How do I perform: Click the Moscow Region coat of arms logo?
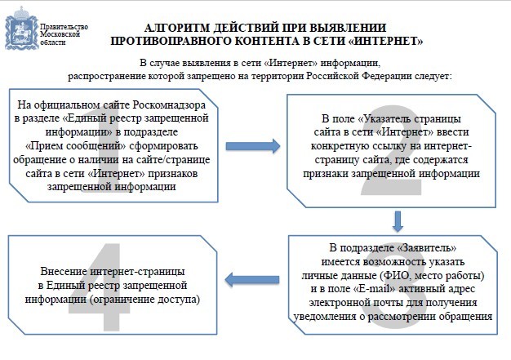[21, 29]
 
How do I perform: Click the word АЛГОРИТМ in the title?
[177, 28]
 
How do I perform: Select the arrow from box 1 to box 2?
[253, 146]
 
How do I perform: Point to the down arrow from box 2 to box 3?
[398, 221]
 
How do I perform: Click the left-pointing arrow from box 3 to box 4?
[252, 280]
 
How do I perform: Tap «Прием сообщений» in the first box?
[76, 145]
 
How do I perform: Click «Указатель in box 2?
[384, 118]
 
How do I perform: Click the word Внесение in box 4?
[64, 271]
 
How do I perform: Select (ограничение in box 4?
[122, 299]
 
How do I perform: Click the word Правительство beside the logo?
[64, 27]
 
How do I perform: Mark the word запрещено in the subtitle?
[211, 76]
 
